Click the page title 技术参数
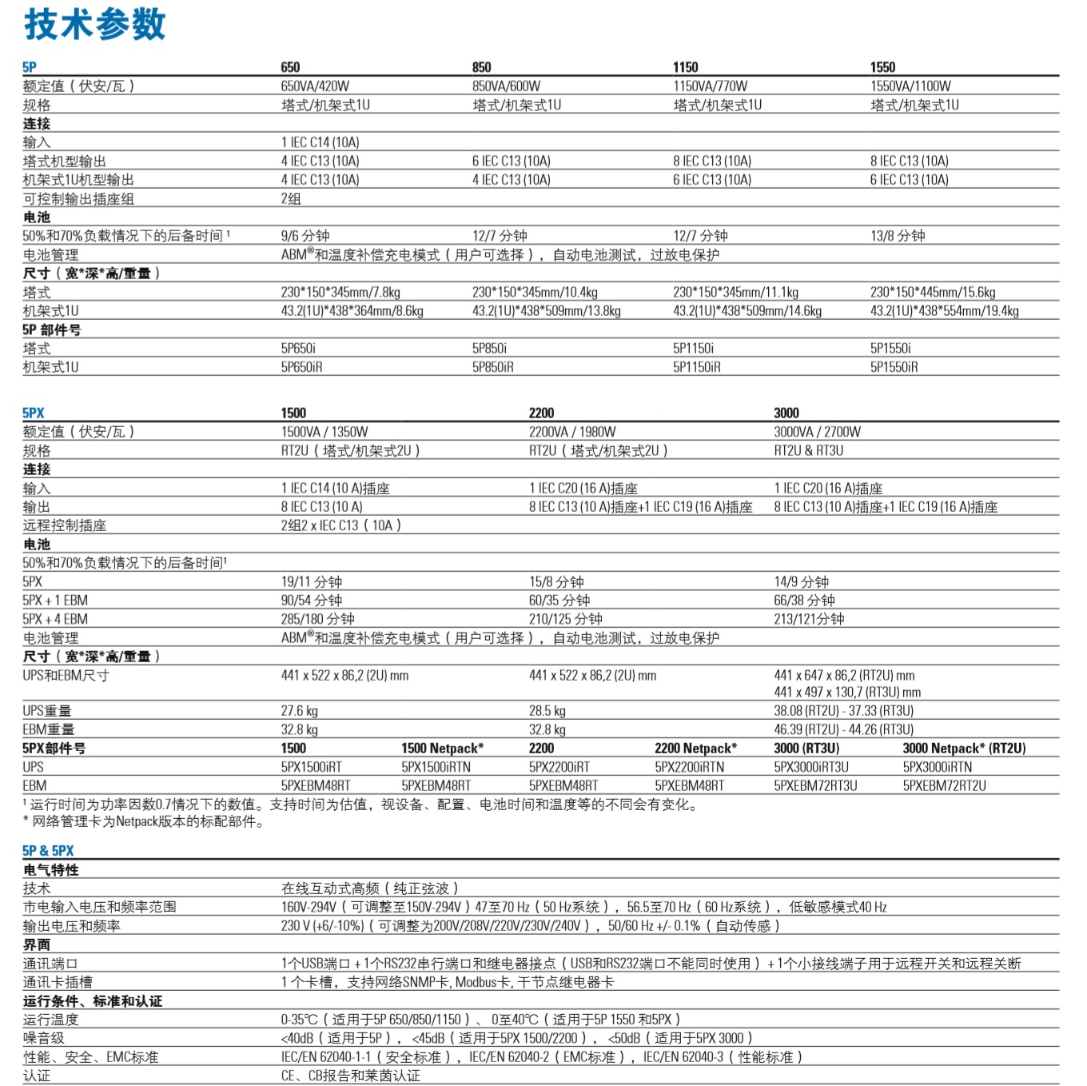pos(94,24)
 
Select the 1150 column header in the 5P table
pos(685,67)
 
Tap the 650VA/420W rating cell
pos(315,86)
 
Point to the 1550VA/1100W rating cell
pos(910,86)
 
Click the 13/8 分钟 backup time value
pos(898,236)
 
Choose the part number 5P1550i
pos(890,349)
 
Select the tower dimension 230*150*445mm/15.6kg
pos(933,293)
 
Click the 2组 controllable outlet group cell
pos(291,199)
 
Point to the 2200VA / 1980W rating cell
pos(572,432)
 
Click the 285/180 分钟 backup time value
pos(317,619)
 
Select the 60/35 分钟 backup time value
pos(559,601)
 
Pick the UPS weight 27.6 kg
pos(299,711)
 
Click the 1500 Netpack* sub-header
pos(442,749)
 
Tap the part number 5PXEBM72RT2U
pos(944,785)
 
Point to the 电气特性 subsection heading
pos(51,870)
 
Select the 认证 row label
pos(37,1076)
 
